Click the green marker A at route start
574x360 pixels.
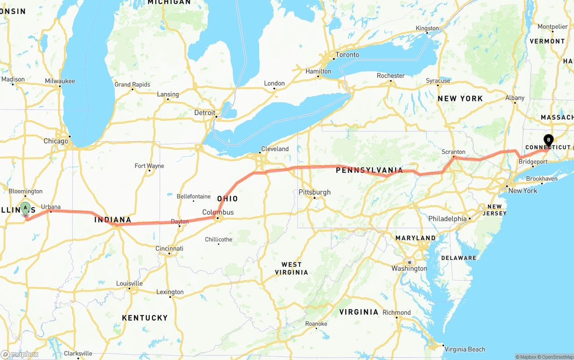(26, 208)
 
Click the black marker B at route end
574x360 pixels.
(548, 140)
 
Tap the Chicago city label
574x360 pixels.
(56, 141)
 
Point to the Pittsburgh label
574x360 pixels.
(314, 192)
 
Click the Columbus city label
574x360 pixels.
(218, 212)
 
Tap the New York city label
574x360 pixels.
(522, 191)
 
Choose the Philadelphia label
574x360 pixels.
(447, 219)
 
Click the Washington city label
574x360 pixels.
(409, 268)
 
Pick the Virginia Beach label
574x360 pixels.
(465, 349)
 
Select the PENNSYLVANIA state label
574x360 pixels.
(369, 170)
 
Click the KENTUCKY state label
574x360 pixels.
(145, 318)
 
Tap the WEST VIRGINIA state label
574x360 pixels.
(291, 268)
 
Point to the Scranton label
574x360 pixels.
(453, 152)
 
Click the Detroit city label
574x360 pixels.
(204, 113)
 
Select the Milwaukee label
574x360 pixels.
(60, 81)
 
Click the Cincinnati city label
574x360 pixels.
(170, 248)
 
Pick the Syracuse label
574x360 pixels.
(438, 81)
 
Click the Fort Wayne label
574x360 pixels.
(149, 166)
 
